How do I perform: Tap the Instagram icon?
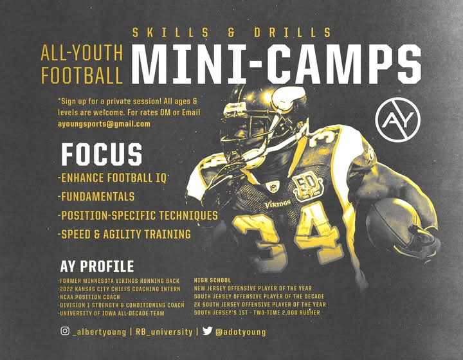[65, 331]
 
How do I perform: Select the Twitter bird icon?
[208, 331]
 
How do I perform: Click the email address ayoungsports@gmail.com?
[104, 124]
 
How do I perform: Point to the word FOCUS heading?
[102, 154]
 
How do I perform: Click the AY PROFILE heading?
[97, 266]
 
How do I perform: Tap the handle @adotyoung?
[241, 332]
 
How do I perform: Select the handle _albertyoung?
[100, 332]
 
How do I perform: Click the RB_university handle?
[164, 332]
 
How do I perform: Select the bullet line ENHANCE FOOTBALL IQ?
[112, 178]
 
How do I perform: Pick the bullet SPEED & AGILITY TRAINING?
[124, 234]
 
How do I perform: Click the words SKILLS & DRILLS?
[232, 32]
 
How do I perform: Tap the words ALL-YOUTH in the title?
[82, 53]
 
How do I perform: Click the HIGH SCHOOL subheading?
[212, 280]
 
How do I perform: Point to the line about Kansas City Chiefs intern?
[120, 289]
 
